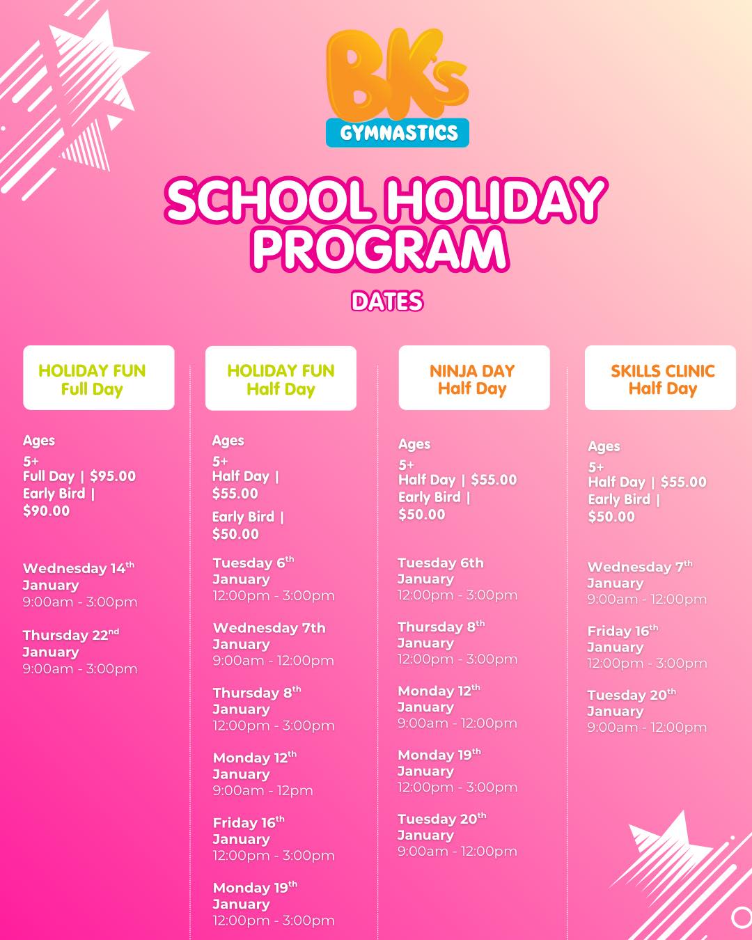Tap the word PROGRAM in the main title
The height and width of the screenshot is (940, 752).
(x=379, y=249)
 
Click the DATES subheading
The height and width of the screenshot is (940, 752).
(x=387, y=301)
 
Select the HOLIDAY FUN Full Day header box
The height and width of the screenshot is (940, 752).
(x=99, y=378)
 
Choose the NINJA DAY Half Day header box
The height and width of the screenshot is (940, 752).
(x=473, y=378)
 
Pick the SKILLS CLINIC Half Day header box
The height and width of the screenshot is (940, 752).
(x=660, y=378)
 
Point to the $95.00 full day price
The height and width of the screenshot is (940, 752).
(x=113, y=476)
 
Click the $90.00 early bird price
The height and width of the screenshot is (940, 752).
(x=47, y=510)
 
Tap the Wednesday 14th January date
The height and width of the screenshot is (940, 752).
(x=78, y=576)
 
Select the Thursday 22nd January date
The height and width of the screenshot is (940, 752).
(x=70, y=643)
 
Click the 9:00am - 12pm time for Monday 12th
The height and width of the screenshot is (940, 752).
(x=263, y=790)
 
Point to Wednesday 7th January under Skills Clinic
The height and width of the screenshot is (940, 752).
(x=639, y=574)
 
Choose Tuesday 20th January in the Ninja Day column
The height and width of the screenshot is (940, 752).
(x=441, y=827)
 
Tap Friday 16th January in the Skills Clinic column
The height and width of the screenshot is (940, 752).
(x=622, y=639)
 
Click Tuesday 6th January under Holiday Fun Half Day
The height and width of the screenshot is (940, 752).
(x=253, y=570)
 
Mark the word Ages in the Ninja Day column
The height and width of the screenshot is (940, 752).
(x=414, y=444)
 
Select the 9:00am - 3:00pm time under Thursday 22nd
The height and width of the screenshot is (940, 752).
(x=79, y=668)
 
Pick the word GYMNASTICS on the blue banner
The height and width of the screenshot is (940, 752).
(x=398, y=132)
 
